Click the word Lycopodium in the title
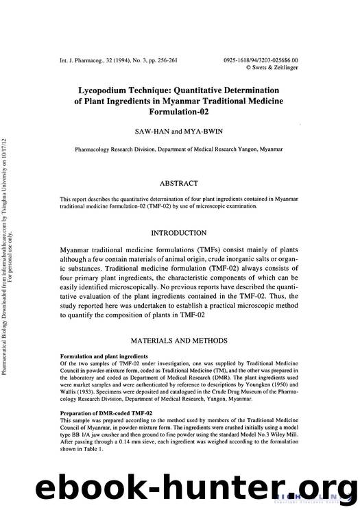click(112, 89)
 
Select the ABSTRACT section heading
click(178, 183)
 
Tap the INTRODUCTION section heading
click(178, 233)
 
